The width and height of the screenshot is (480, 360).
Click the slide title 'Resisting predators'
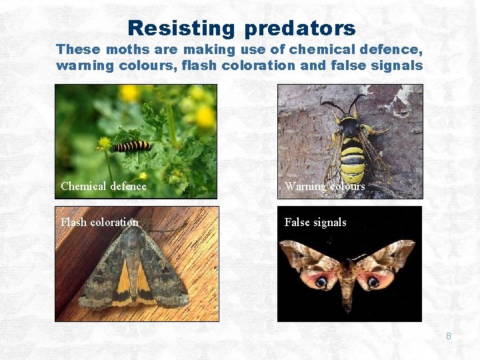[x=241, y=28]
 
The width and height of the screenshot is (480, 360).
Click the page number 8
[x=448, y=336]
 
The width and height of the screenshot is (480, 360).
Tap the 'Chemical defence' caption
[x=103, y=186]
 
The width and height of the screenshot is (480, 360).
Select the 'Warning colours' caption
[x=325, y=186]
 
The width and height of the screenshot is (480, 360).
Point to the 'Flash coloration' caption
[x=99, y=222]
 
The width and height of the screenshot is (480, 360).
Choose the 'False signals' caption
[x=315, y=222]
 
